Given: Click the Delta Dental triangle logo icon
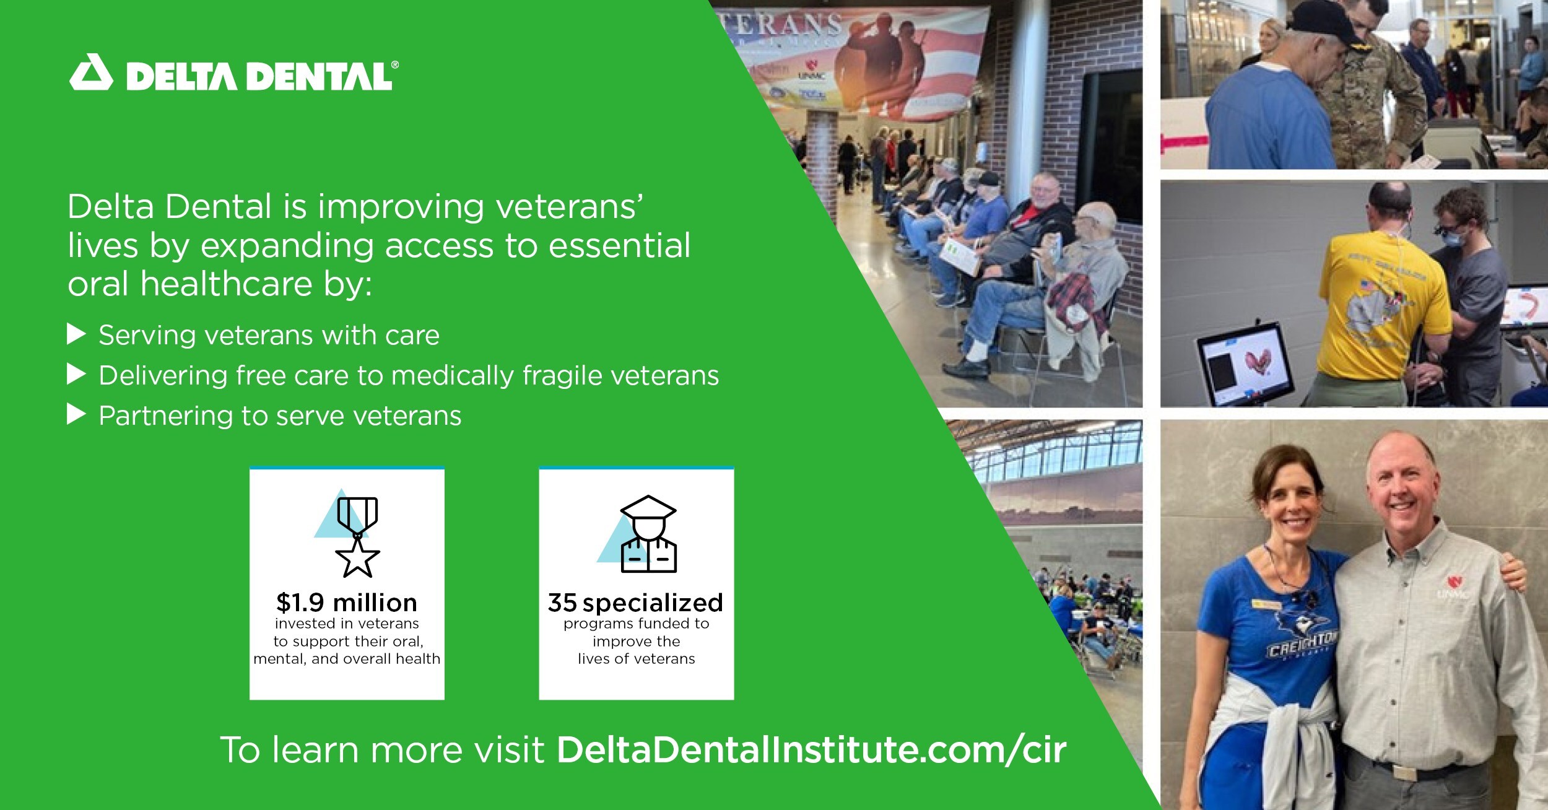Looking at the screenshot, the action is click(92, 73).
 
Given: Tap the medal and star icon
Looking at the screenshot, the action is click(357, 537).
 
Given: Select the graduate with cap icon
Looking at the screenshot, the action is click(648, 534).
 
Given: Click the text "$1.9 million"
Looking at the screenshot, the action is click(347, 603).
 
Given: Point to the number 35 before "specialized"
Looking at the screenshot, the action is click(562, 603).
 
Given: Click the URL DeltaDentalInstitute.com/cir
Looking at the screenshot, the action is click(812, 750).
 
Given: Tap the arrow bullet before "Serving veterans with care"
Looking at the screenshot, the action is click(76, 335).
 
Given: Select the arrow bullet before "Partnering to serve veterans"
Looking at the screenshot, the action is click(76, 415).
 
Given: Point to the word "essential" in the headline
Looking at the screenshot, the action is click(619, 245).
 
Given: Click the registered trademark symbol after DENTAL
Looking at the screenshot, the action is click(395, 64).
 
